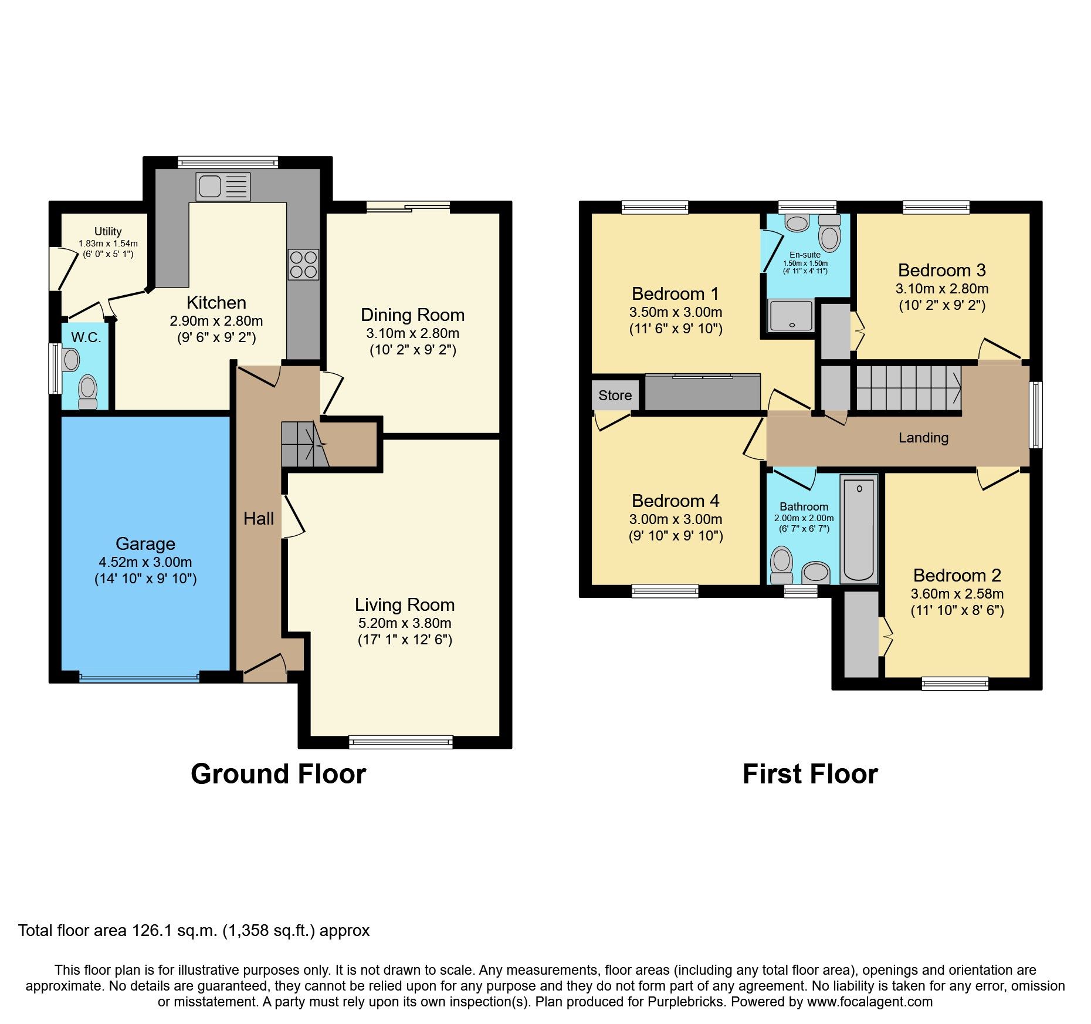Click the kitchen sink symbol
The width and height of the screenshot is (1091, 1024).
(223, 187)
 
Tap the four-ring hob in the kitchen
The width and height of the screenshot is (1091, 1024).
(303, 264)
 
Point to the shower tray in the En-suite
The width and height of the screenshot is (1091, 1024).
(791, 315)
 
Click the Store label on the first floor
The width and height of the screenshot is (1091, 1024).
(615, 396)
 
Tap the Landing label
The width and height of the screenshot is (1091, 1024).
(923, 438)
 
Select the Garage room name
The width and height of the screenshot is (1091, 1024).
(145, 543)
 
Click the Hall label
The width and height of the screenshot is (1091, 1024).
(259, 519)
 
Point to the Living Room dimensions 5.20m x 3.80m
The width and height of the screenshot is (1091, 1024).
(405, 623)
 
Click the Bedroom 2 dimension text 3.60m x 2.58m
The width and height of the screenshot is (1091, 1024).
(957, 594)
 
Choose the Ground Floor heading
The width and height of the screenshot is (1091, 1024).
(278, 774)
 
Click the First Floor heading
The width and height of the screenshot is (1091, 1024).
(809, 774)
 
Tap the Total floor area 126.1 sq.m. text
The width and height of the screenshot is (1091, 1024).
(194, 931)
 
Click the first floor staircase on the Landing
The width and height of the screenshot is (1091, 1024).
(908, 388)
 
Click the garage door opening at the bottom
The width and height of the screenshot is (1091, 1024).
(139, 678)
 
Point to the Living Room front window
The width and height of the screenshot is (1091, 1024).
(401, 742)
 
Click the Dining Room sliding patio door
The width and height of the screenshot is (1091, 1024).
(408, 206)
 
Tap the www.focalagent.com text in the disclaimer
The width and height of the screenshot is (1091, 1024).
(869, 1002)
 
